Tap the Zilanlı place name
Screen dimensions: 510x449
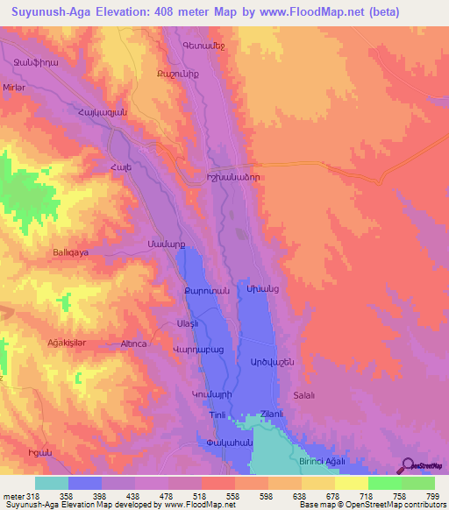point(270,414)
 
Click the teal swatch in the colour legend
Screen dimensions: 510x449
point(52,483)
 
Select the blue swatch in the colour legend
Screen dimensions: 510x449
point(85,483)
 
